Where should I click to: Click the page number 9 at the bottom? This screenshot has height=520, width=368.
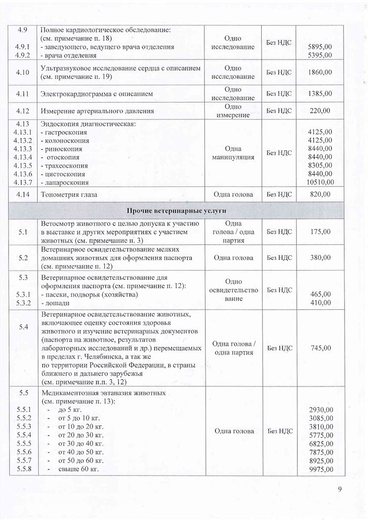(x=340, y=490)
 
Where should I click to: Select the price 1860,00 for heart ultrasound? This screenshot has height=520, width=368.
(x=320, y=72)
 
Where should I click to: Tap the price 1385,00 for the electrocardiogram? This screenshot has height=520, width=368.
(x=320, y=94)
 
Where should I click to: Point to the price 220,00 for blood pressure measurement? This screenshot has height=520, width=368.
(x=320, y=111)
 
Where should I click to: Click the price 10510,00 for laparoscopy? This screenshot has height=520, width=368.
(x=321, y=182)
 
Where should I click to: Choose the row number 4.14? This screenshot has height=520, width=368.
(x=22, y=194)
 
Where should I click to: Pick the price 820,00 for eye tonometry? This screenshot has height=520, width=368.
(x=320, y=194)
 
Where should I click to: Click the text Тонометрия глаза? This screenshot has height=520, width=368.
(x=69, y=194)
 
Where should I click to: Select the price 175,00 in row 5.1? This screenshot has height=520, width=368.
(x=320, y=232)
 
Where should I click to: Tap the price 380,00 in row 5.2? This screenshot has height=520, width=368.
(x=320, y=257)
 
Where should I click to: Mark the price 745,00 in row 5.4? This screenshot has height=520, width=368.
(x=320, y=348)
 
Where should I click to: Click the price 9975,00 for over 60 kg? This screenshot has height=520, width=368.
(x=321, y=469)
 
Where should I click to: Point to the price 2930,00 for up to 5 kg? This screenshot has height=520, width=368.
(x=321, y=410)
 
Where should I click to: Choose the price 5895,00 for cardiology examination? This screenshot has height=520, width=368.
(x=321, y=47)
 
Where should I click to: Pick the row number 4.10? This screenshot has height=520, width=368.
(x=22, y=72)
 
